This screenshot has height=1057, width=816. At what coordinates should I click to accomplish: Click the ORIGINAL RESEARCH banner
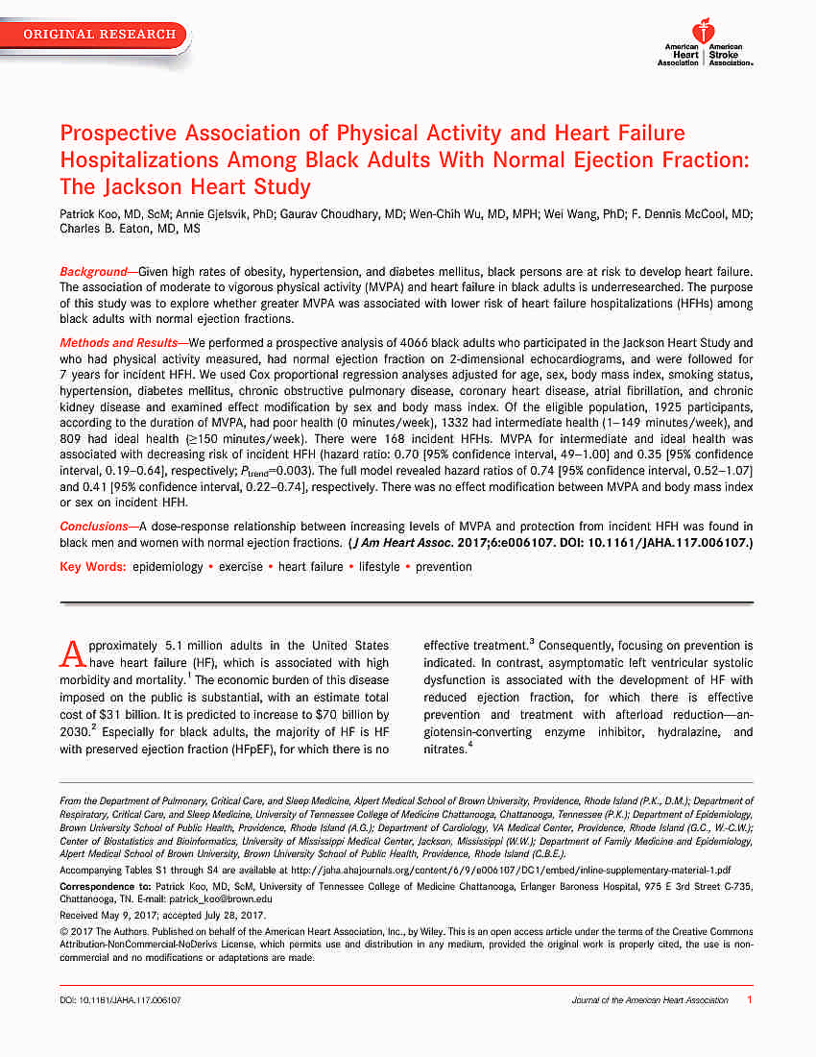point(100,35)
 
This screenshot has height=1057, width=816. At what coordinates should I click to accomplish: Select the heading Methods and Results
point(122,343)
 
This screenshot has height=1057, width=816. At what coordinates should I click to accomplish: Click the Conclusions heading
point(96,526)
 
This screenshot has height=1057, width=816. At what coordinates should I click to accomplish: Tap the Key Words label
point(92,567)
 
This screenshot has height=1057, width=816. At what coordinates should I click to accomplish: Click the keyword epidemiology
point(168,567)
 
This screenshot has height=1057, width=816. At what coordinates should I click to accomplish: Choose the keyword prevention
point(444,567)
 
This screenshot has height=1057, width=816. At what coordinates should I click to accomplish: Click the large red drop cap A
point(73,654)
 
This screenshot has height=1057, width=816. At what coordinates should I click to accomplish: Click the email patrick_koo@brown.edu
point(228,898)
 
